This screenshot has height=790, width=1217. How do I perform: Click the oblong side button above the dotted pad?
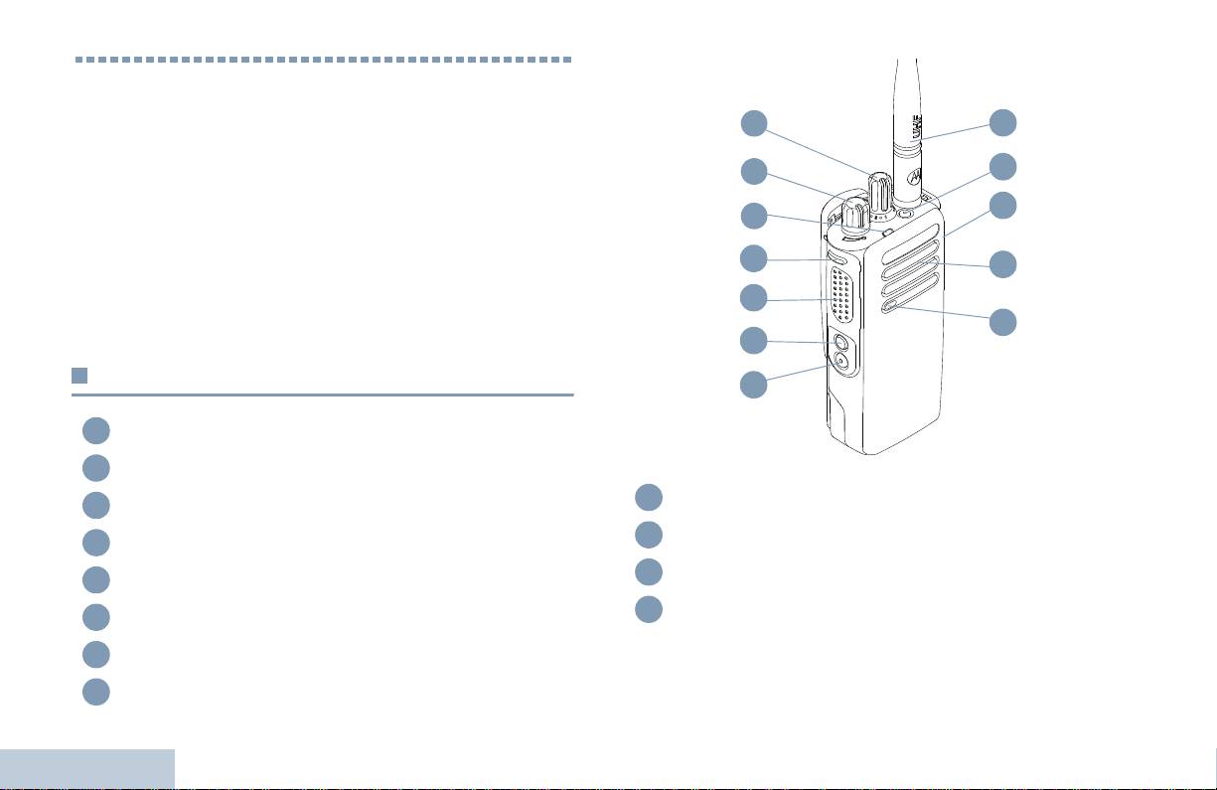(x=838, y=259)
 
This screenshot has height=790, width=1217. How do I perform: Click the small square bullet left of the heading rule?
(x=79, y=376)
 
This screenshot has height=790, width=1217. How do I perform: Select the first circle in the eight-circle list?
(x=96, y=430)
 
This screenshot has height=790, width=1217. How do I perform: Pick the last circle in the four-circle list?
(x=649, y=609)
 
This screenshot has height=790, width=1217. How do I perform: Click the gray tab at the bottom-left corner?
(x=87, y=769)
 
